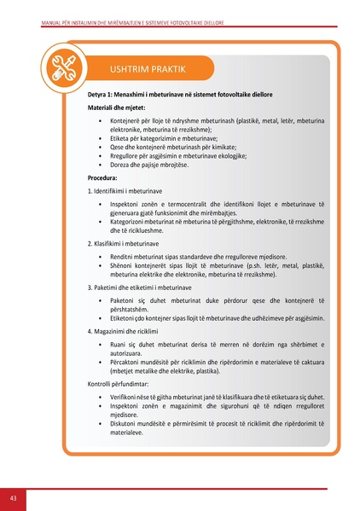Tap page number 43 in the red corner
[14, 496]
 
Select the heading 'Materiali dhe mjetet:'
[116, 107]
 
